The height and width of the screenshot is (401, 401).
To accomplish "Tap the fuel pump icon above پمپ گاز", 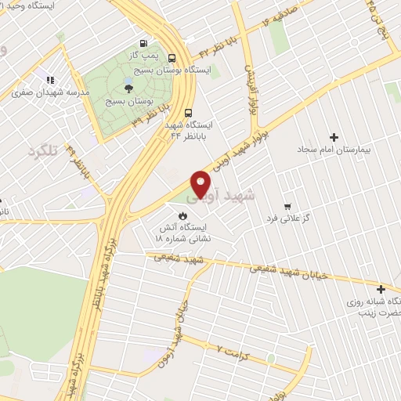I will pos(143,44).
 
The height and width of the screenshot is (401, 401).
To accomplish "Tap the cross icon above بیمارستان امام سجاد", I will pos(335,137).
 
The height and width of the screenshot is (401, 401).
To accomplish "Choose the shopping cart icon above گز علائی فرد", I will pos(287,186).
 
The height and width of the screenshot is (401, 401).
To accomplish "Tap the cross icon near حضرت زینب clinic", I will pos(381,289).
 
